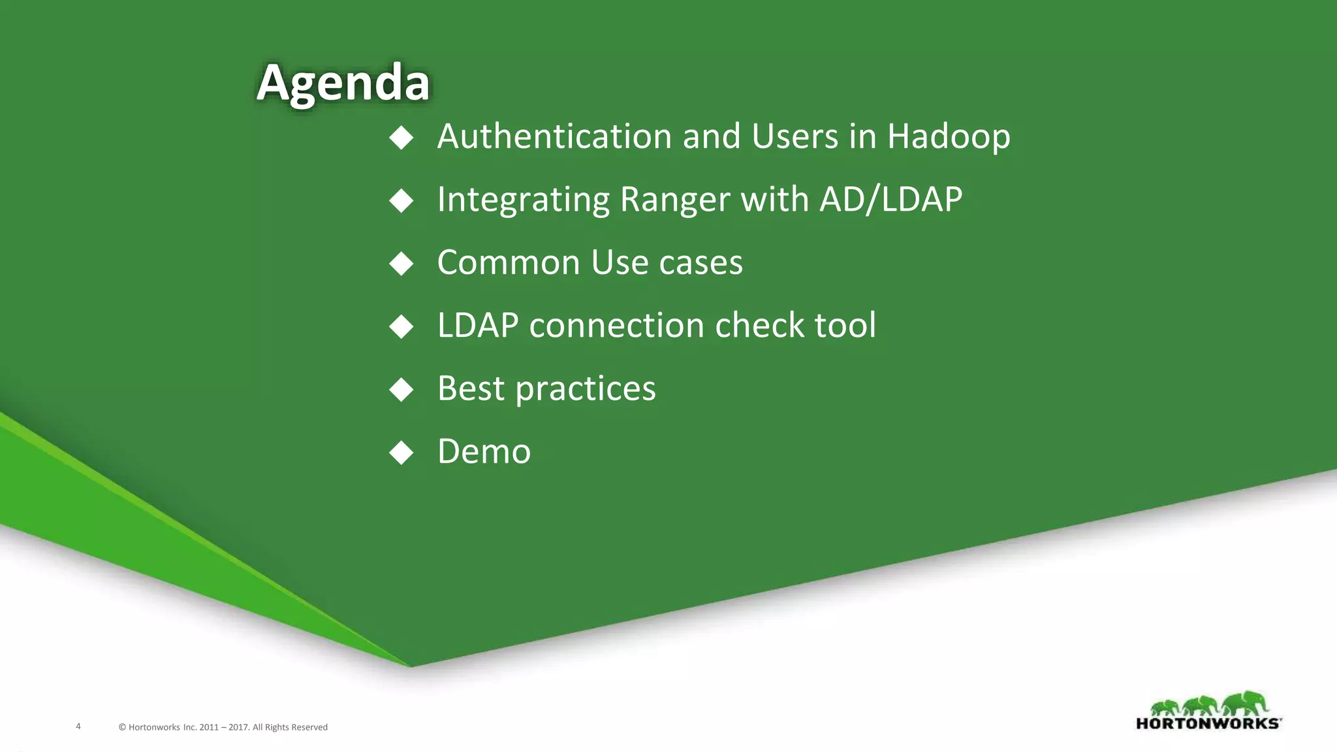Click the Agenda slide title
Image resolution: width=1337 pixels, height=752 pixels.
pos(343,83)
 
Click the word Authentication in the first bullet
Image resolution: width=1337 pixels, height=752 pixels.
pos(554,136)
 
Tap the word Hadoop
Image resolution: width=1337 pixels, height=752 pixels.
pos(948,136)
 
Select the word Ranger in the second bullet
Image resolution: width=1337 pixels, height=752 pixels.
pos(674,200)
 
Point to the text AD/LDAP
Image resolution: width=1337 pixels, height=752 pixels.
pos(890,199)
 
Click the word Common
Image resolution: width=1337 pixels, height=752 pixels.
pos(508,262)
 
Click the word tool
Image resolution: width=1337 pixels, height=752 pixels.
pos(845,325)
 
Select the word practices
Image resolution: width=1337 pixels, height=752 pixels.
pos(585,389)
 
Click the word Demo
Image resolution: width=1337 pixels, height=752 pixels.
pos(484,451)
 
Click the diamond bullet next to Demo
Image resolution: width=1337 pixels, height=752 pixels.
pos(401,452)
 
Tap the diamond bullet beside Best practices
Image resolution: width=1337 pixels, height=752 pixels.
pos(401,389)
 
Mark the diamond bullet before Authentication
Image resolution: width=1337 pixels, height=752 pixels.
pos(401,138)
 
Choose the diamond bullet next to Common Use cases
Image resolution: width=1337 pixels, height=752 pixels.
pos(401,264)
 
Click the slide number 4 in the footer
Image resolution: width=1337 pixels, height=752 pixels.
pos(78,726)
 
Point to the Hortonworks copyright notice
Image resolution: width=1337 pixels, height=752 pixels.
pos(223,727)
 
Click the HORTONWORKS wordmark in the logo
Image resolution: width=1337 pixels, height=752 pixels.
pos(1208,723)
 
